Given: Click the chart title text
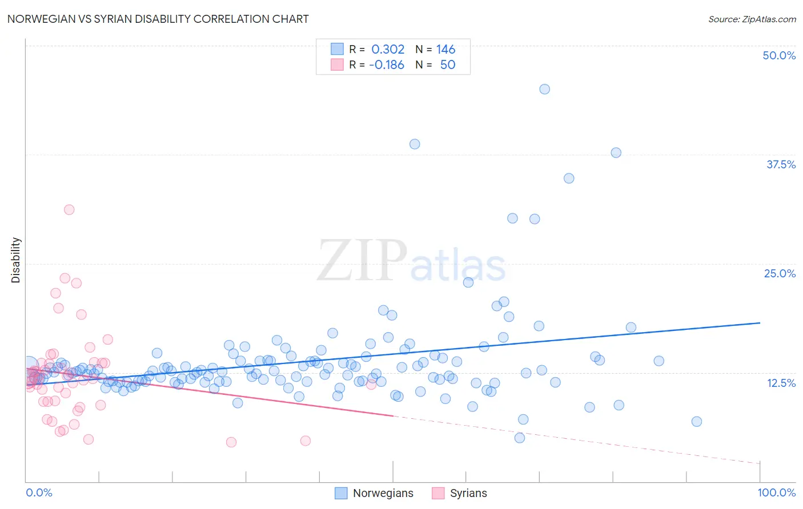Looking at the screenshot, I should [158, 19].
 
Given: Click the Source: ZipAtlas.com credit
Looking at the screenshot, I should [752, 19].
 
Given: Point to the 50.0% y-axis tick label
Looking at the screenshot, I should [779, 55].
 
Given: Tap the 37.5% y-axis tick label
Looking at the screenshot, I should [781, 164].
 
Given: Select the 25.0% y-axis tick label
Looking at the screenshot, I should [780, 273].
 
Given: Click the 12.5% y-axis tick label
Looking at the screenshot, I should [781, 382].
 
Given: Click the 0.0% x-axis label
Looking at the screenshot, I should [39, 492].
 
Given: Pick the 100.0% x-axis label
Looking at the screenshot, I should [776, 492].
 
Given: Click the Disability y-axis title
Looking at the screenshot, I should [16, 260].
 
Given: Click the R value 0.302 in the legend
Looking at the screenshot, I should [388, 50].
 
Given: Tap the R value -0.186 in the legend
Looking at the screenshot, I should [387, 65].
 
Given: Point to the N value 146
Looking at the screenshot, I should [445, 50].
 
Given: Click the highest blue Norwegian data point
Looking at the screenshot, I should [544, 89].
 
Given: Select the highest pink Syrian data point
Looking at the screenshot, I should [69, 209].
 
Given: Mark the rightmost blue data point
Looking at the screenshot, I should [696, 422].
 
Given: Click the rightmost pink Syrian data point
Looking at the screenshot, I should [371, 384].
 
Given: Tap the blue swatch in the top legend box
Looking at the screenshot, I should [337, 49].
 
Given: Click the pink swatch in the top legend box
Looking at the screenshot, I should [337, 64].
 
